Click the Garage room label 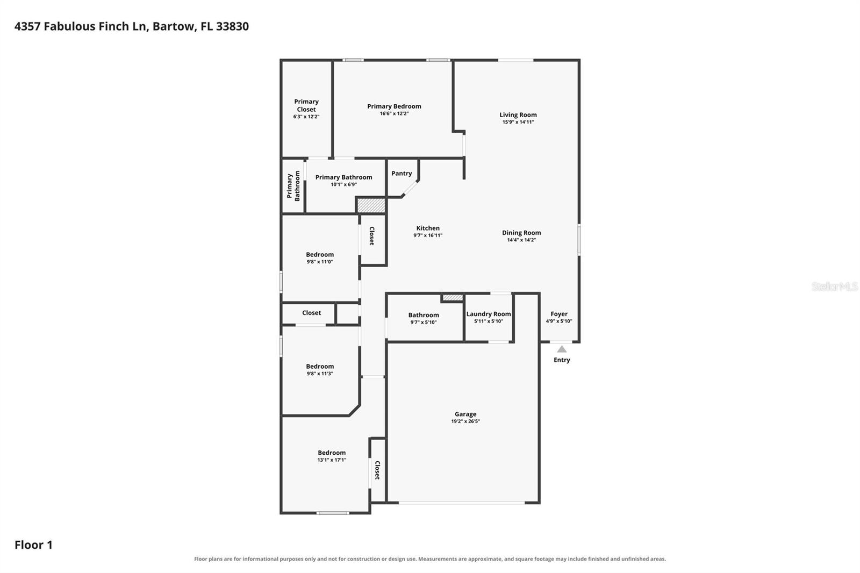point(465,414)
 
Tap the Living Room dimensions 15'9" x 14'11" point(518,122)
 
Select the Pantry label point(402,173)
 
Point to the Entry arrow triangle point(562,349)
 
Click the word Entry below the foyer point(562,360)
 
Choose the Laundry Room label point(489,314)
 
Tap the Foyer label point(558,314)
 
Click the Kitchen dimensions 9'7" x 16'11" point(428,235)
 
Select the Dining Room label point(521,233)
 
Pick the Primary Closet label point(306,105)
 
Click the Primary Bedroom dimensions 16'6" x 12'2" point(395,113)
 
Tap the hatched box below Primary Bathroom point(371,205)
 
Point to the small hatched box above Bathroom point(453,298)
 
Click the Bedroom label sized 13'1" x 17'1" point(332,453)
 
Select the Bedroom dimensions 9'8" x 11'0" point(320,262)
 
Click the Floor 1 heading point(33,545)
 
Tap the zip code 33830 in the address point(232,26)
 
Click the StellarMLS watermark point(834,286)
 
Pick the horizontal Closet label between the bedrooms point(311,313)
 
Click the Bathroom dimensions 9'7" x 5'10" point(424,323)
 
